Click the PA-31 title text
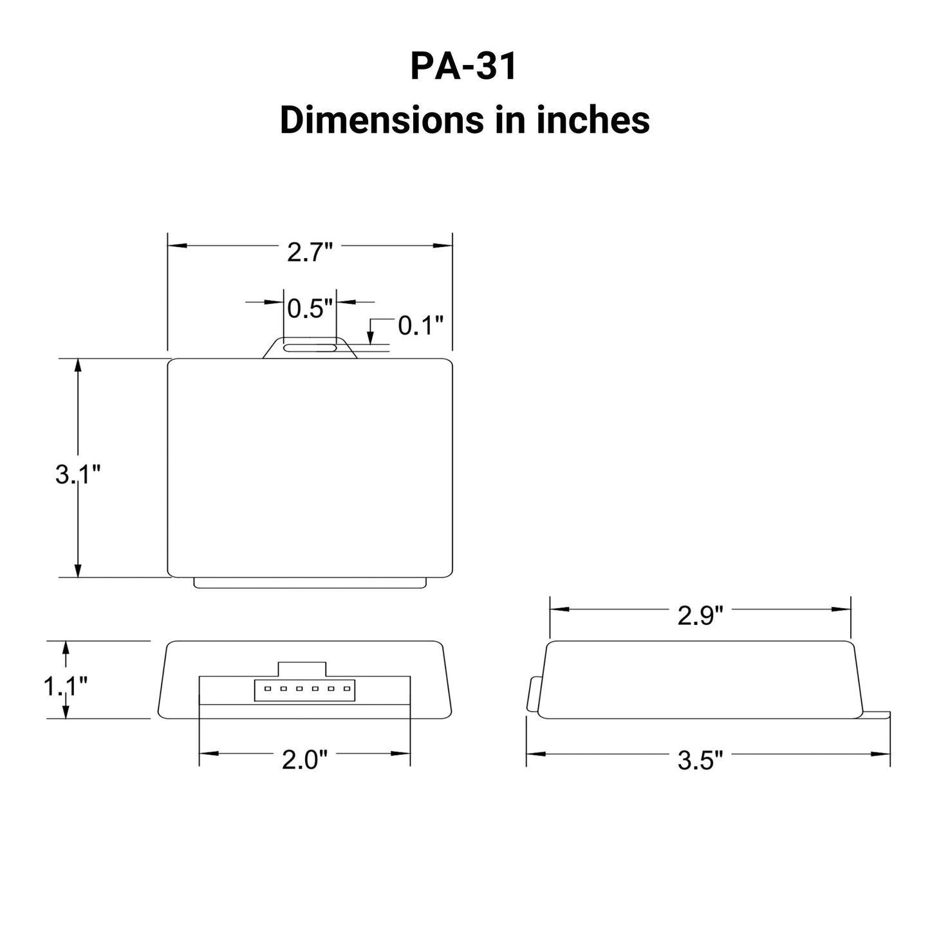[x=463, y=66]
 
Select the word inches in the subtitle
[x=593, y=120]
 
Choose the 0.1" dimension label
[x=421, y=326]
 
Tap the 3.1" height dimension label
[x=78, y=475]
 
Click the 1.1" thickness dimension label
[x=65, y=687]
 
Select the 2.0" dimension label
[x=304, y=760]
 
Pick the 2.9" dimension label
[x=700, y=616]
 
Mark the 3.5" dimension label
[x=700, y=761]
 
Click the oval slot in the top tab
[x=310, y=348]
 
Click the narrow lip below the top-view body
[x=310, y=582]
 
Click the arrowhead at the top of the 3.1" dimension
[x=78, y=365]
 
